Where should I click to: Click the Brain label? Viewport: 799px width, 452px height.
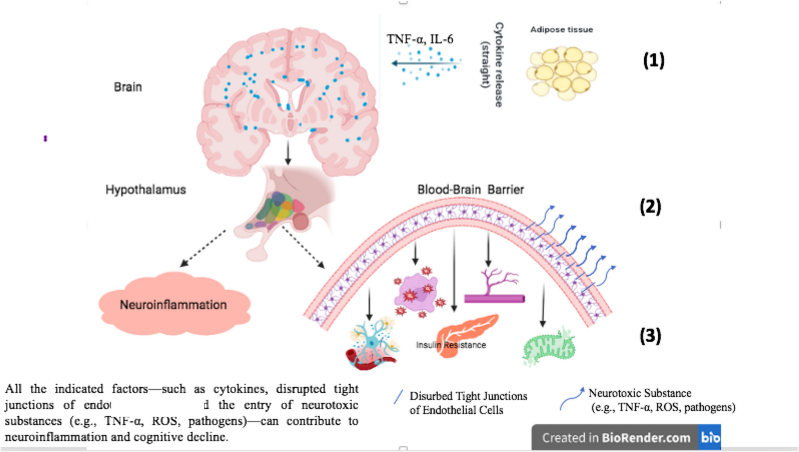click(128, 87)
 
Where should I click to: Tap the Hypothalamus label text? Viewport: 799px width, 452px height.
click(146, 190)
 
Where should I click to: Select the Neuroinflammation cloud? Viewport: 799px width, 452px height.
click(173, 305)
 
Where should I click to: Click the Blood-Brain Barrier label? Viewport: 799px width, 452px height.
click(470, 190)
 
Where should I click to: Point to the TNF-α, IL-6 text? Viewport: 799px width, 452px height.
click(420, 39)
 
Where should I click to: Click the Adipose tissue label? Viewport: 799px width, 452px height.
click(561, 30)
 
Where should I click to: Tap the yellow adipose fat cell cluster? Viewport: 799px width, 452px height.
click(563, 73)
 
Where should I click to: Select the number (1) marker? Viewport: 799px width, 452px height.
click(653, 61)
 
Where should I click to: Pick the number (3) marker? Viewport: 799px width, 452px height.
click(650, 335)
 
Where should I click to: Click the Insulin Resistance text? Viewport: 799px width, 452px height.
click(451, 345)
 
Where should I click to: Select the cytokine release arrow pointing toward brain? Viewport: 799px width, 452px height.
click(425, 63)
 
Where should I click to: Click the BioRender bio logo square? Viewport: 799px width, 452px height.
click(710, 438)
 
